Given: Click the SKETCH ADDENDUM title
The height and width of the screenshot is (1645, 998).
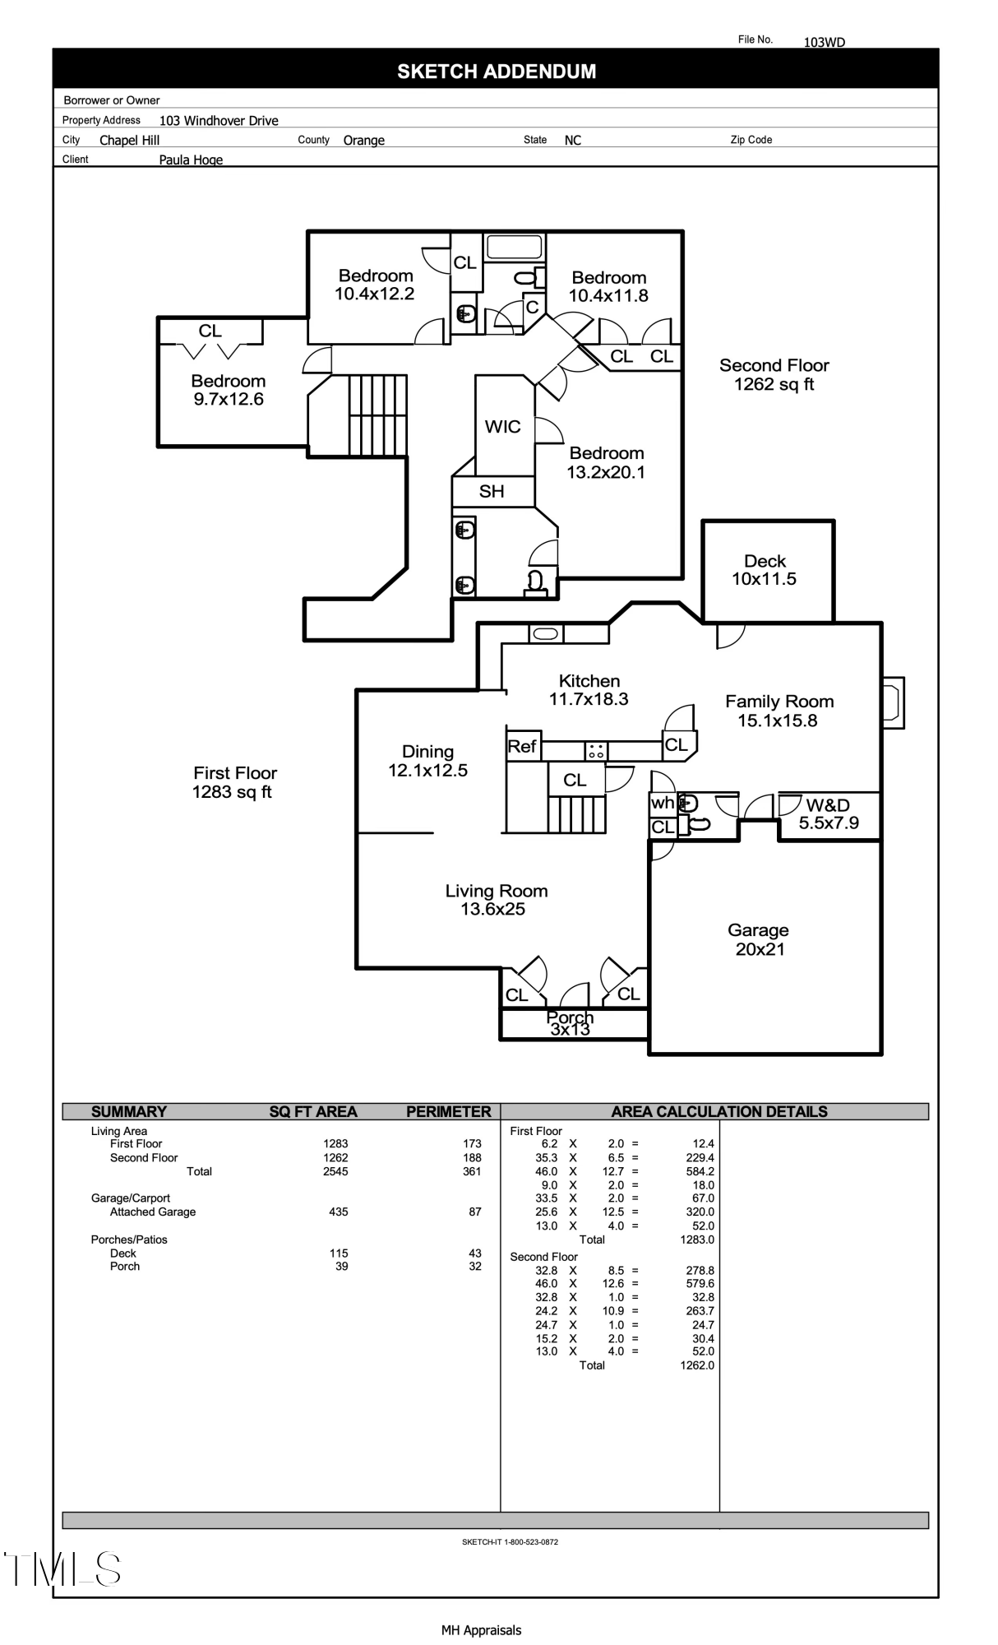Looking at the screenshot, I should (497, 72).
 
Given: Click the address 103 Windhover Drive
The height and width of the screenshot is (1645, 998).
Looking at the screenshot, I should (219, 121).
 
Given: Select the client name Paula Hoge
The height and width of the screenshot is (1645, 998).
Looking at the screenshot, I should (191, 160).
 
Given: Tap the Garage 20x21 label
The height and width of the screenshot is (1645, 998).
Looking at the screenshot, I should (758, 939).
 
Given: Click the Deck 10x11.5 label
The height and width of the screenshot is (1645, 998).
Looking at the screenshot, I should (765, 570).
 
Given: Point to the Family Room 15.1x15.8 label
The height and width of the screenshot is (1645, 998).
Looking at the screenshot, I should (779, 711).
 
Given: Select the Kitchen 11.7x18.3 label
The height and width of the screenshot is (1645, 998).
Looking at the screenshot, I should (589, 690).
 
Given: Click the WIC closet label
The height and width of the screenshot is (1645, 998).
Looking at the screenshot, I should (502, 426).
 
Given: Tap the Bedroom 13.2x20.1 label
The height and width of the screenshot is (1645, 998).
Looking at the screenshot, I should (606, 462).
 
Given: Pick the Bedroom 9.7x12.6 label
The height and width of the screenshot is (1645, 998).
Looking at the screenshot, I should (229, 390).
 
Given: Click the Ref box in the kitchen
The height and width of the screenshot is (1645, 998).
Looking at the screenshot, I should (522, 746).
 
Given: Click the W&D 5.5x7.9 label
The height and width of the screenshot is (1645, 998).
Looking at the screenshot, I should (829, 814).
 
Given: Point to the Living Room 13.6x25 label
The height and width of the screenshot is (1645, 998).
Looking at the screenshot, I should (496, 900).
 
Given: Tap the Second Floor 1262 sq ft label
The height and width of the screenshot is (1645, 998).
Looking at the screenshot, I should (774, 374).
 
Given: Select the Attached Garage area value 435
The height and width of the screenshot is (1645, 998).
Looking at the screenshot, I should (338, 1212).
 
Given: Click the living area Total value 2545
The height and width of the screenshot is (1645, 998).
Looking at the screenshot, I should (335, 1171).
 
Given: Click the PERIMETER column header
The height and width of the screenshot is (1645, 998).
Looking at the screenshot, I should (448, 1111).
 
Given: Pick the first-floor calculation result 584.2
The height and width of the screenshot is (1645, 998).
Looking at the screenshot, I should (700, 1171).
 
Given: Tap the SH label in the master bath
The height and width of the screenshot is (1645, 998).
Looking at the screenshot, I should (492, 491).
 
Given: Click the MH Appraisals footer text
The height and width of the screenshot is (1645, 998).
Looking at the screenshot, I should (481, 1629).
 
